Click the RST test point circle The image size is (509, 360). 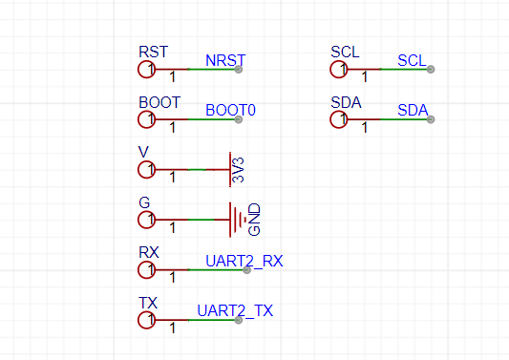click(138, 69)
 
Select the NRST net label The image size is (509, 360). click(225, 60)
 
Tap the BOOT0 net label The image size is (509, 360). click(230, 111)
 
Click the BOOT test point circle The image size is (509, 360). click(138, 119)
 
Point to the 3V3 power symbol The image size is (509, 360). click(230, 169)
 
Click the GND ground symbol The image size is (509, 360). click(230, 220)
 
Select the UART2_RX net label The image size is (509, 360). click(244, 261)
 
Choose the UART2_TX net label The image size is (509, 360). click(235, 311)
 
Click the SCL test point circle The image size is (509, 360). click(330, 69)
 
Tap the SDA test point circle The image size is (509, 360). click(330, 119)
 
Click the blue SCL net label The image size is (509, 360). click(412, 60)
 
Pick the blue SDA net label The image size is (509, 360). click(413, 111)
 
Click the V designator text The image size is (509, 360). click(143, 152)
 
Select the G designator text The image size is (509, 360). click(144, 202)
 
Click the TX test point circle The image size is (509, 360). click(138, 320)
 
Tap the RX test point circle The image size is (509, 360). click(138, 270)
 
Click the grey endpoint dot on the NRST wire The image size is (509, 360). click(239, 69)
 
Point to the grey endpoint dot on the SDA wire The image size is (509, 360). click(431, 119)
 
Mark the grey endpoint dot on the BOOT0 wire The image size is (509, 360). click(239, 119)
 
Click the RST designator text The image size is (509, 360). click(153, 52)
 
